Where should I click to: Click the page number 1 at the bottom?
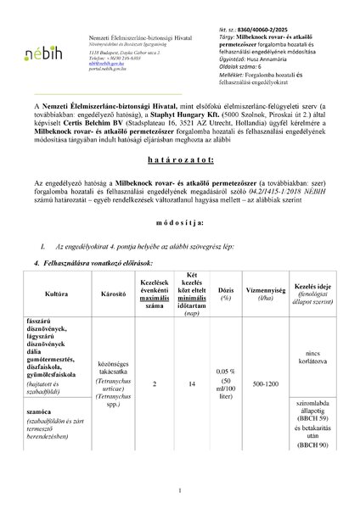pos(180,490)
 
